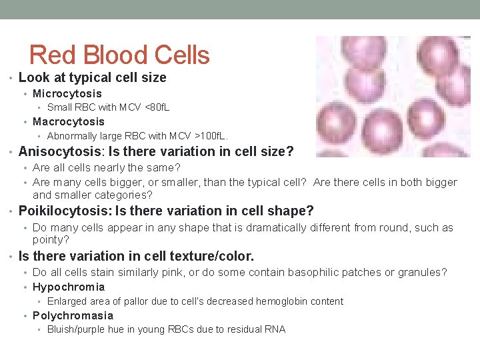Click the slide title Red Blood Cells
pyautogui.click(x=120, y=55)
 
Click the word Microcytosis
pyautogui.click(x=67, y=93)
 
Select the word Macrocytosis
pyautogui.click(x=69, y=121)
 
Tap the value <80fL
pyautogui.click(x=157, y=107)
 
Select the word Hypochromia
pyautogui.click(x=69, y=287)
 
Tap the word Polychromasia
pyautogui.click(x=73, y=315)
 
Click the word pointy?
pyautogui.click(x=51, y=239)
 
